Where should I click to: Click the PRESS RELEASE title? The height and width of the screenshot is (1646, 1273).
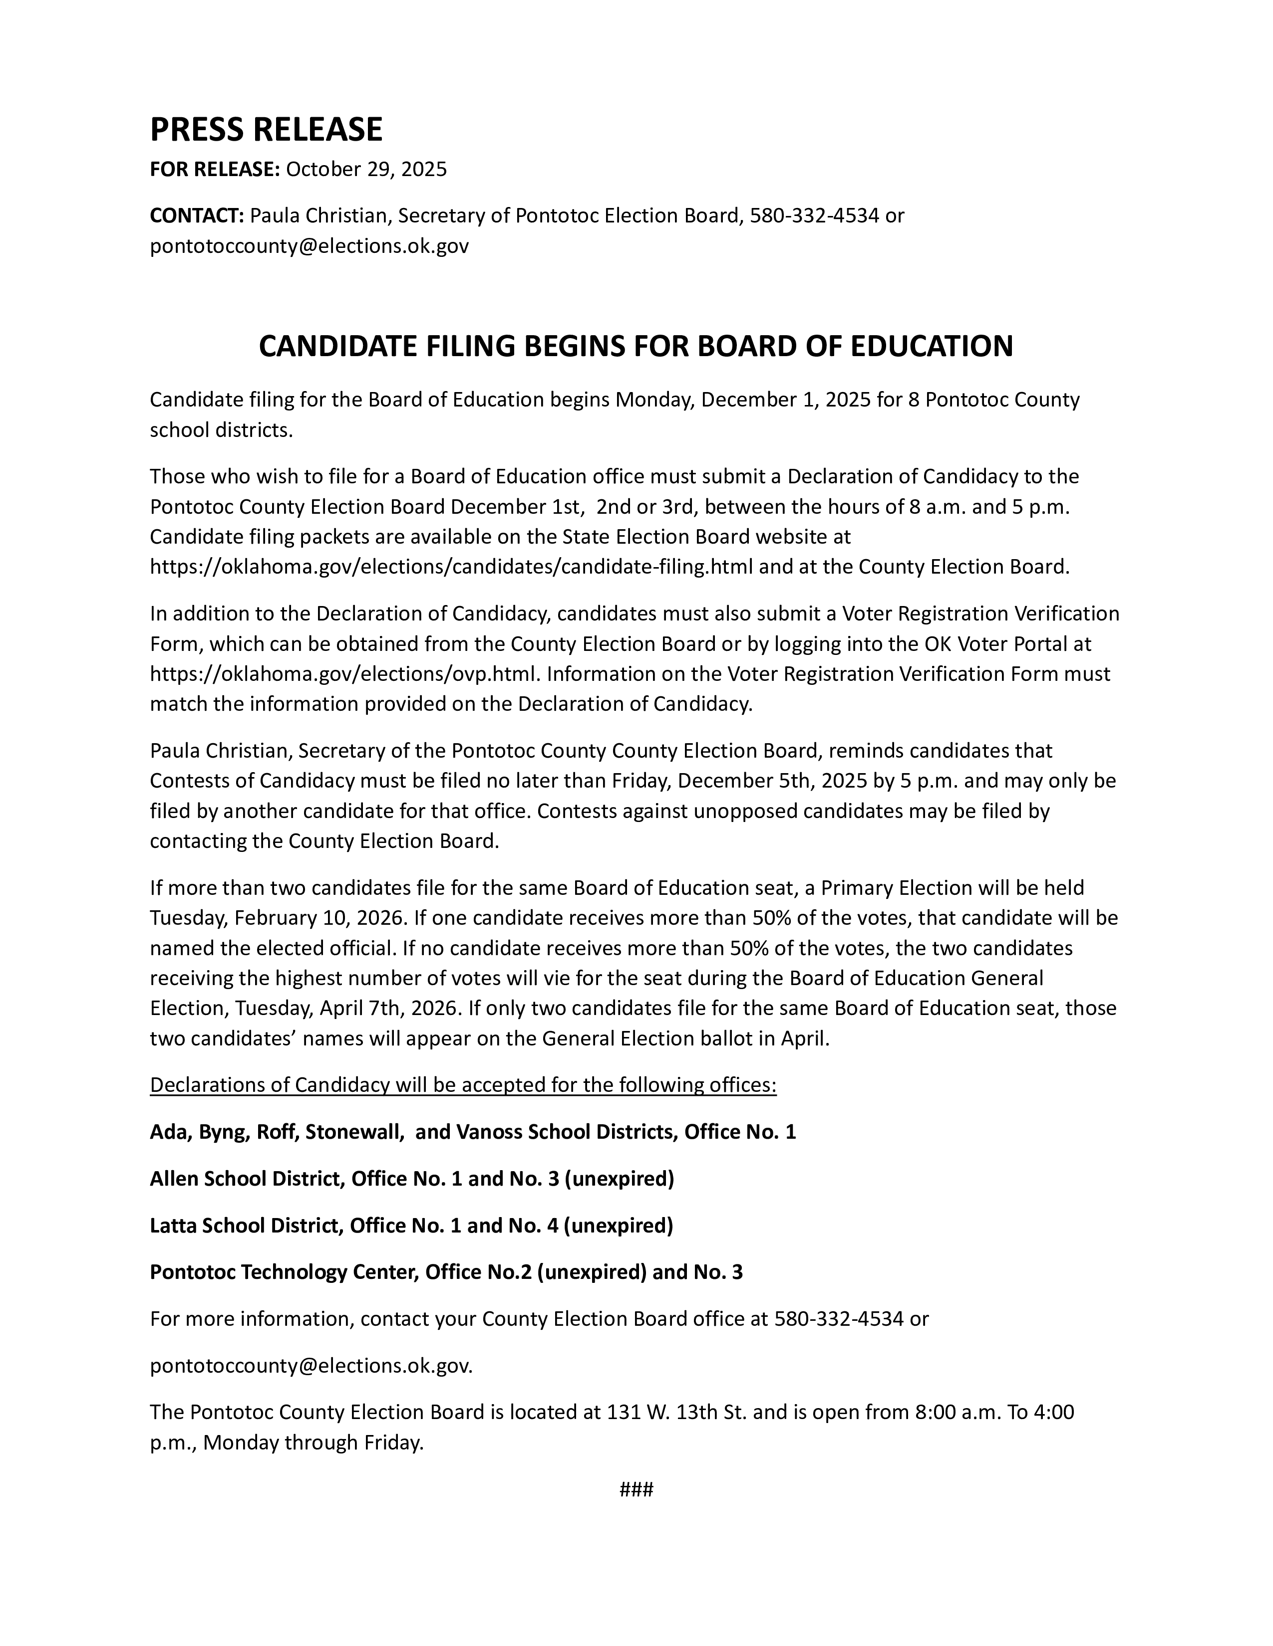tap(266, 130)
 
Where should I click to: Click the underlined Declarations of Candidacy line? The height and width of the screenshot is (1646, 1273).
tap(463, 1085)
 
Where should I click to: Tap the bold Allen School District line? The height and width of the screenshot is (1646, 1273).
tap(412, 1179)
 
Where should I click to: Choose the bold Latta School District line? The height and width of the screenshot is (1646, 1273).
tap(411, 1226)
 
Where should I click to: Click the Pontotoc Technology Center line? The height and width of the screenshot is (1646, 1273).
tap(446, 1272)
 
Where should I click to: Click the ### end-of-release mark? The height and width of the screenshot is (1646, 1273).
tap(636, 1489)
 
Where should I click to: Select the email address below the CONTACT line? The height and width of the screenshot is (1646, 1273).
tap(309, 246)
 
